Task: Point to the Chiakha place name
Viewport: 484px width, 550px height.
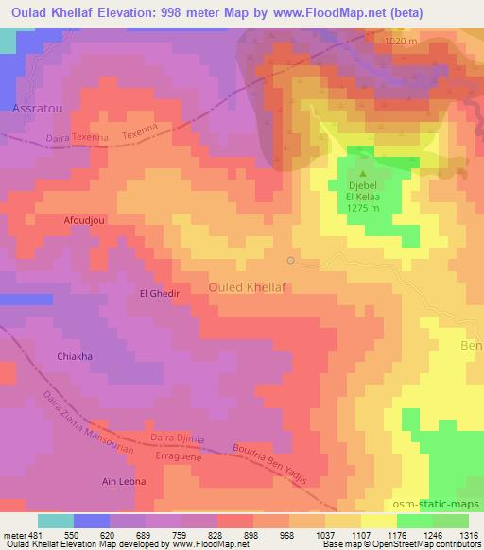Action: pyautogui.click(x=75, y=356)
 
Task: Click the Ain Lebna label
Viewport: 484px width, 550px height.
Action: pyautogui.click(x=122, y=481)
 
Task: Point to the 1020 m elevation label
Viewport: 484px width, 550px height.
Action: pyautogui.click(x=401, y=43)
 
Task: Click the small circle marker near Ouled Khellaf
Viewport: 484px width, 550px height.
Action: pyautogui.click(x=290, y=260)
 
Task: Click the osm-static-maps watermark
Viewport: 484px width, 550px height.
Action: pyautogui.click(x=443, y=506)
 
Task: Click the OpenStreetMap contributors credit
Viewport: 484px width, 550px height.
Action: pyautogui.click(x=431, y=544)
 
